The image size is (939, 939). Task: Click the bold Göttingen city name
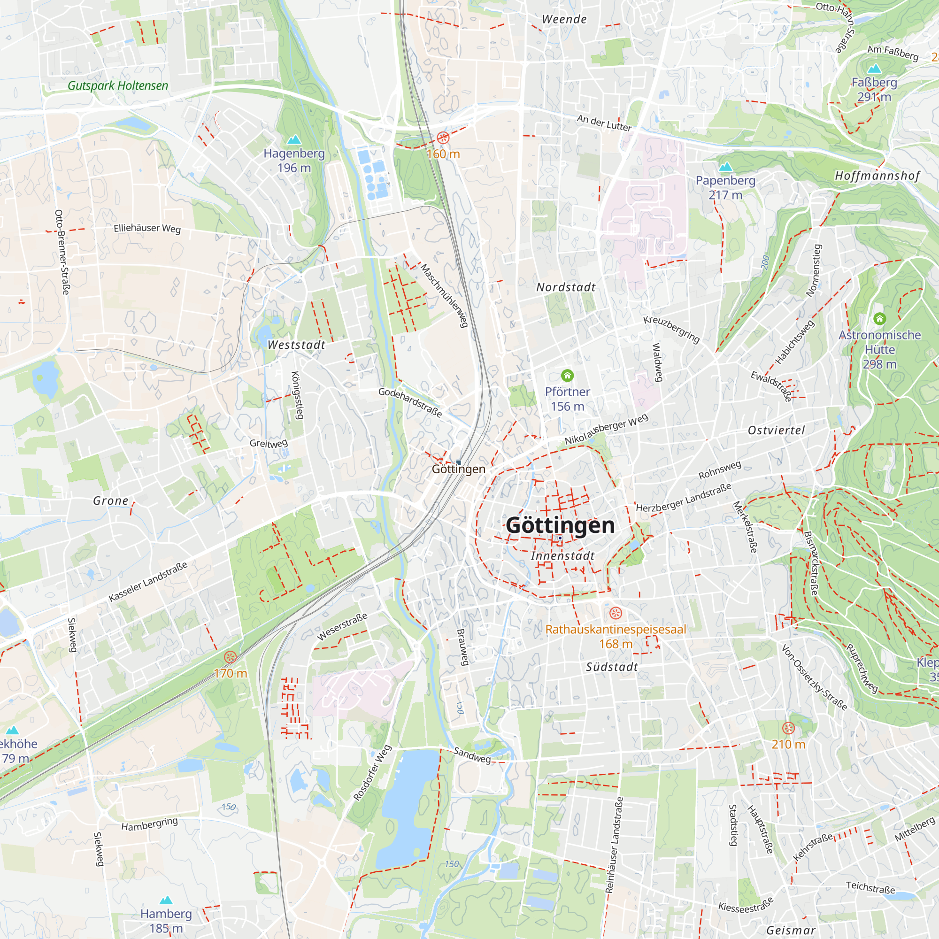pyautogui.click(x=560, y=525)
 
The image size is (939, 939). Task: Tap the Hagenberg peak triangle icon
pyautogui.click(x=294, y=140)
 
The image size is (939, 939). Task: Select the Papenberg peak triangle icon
pyautogui.click(x=725, y=167)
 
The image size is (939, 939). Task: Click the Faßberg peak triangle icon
pyautogui.click(x=874, y=69)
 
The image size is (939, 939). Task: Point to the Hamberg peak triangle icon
pyautogui.click(x=166, y=900)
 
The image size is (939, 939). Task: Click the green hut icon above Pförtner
pyautogui.click(x=567, y=375)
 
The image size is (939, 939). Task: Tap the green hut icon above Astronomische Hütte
pyautogui.click(x=880, y=319)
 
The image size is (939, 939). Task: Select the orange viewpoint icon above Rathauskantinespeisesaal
pyautogui.click(x=616, y=613)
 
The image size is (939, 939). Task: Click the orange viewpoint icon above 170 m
pyautogui.click(x=231, y=657)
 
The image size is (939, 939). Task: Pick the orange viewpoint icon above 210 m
pyautogui.click(x=788, y=728)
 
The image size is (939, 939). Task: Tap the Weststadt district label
pyautogui.click(x=296, y=345)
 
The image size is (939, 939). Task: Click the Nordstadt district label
pyautogui.click(x=566, y=287)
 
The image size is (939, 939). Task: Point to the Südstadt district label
pyautogui.click(x=611, y=667)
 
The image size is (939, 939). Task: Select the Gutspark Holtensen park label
pyautogui.click(x=118, y=85)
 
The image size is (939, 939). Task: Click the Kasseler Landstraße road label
pyautogui.click(x=148, y=582)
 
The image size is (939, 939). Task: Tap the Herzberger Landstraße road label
pyautogui.click(x=683, y=498)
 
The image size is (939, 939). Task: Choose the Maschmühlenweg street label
pyautogui.click(x=444, y=295)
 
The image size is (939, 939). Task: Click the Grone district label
pyautogui.click(x=111, y=500)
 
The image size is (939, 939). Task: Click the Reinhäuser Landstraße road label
pyautogui.click(x=614, y=845)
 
